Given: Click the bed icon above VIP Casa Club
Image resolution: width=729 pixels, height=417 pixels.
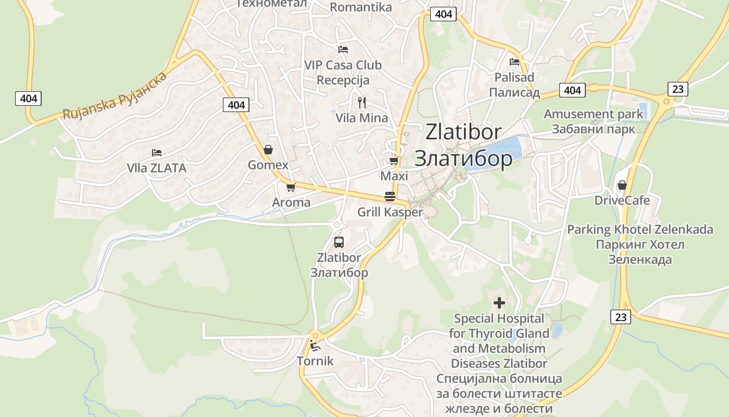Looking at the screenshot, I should [343, 50].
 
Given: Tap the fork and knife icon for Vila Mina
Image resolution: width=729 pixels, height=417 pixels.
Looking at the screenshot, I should [362, 102].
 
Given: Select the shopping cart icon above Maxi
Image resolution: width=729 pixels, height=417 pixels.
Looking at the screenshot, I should [394, 161].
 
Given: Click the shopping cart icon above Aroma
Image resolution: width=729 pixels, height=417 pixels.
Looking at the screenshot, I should [291, 187].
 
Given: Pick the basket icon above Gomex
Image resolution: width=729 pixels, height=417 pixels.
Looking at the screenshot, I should [268, 150].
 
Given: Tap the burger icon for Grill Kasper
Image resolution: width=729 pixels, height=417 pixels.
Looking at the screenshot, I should [390, 197].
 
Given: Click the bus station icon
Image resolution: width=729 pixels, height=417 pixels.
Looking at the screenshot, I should [339, 242].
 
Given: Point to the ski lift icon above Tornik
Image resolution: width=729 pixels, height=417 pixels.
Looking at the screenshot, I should [315, 345].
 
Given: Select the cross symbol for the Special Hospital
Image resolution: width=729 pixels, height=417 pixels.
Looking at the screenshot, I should [499, 302].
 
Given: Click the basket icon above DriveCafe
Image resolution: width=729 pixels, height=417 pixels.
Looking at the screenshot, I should [622, 185].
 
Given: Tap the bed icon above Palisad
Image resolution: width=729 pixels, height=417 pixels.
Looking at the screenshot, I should [514, 62].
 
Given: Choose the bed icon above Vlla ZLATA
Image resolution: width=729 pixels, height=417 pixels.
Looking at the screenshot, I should [157, 153].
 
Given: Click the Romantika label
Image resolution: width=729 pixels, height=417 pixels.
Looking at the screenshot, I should [361, 7].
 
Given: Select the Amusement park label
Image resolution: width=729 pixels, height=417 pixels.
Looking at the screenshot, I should [594, 114].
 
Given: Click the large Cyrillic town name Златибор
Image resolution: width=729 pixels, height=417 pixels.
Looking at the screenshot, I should [463, 158].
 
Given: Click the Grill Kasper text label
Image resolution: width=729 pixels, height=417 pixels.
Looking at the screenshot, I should [390, 212].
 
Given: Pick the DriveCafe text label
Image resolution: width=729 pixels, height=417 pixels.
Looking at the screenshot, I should [622, 200].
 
